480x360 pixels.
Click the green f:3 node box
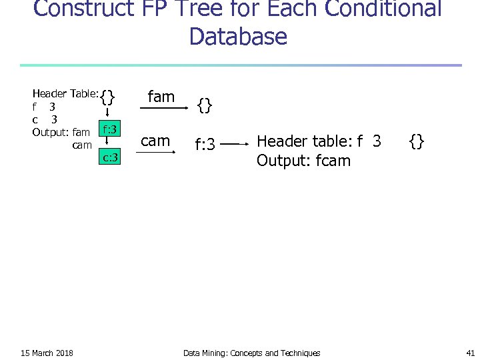[x=109, y=129]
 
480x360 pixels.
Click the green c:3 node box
[x=109, y=157]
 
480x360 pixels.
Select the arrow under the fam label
[x=164, y=107]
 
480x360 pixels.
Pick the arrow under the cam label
[x=157, y=151]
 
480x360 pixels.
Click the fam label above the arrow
[x=161, y=97]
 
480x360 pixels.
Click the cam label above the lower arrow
[x=156, y=141]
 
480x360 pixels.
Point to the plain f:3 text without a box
[x=204, y=143]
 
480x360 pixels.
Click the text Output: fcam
[x=303, y=161]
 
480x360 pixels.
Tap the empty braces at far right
[x=417, y=141]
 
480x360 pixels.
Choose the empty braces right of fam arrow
[x=205, y=105]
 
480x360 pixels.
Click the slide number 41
[x=470, y=353]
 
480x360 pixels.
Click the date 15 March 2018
[x=47, y=353]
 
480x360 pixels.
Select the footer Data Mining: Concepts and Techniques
[x=251, y=353]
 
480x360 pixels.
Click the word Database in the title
[x=238, y=36]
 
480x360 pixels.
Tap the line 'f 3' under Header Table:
[x=44, y=107]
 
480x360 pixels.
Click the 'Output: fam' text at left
[x=61, y=132]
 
